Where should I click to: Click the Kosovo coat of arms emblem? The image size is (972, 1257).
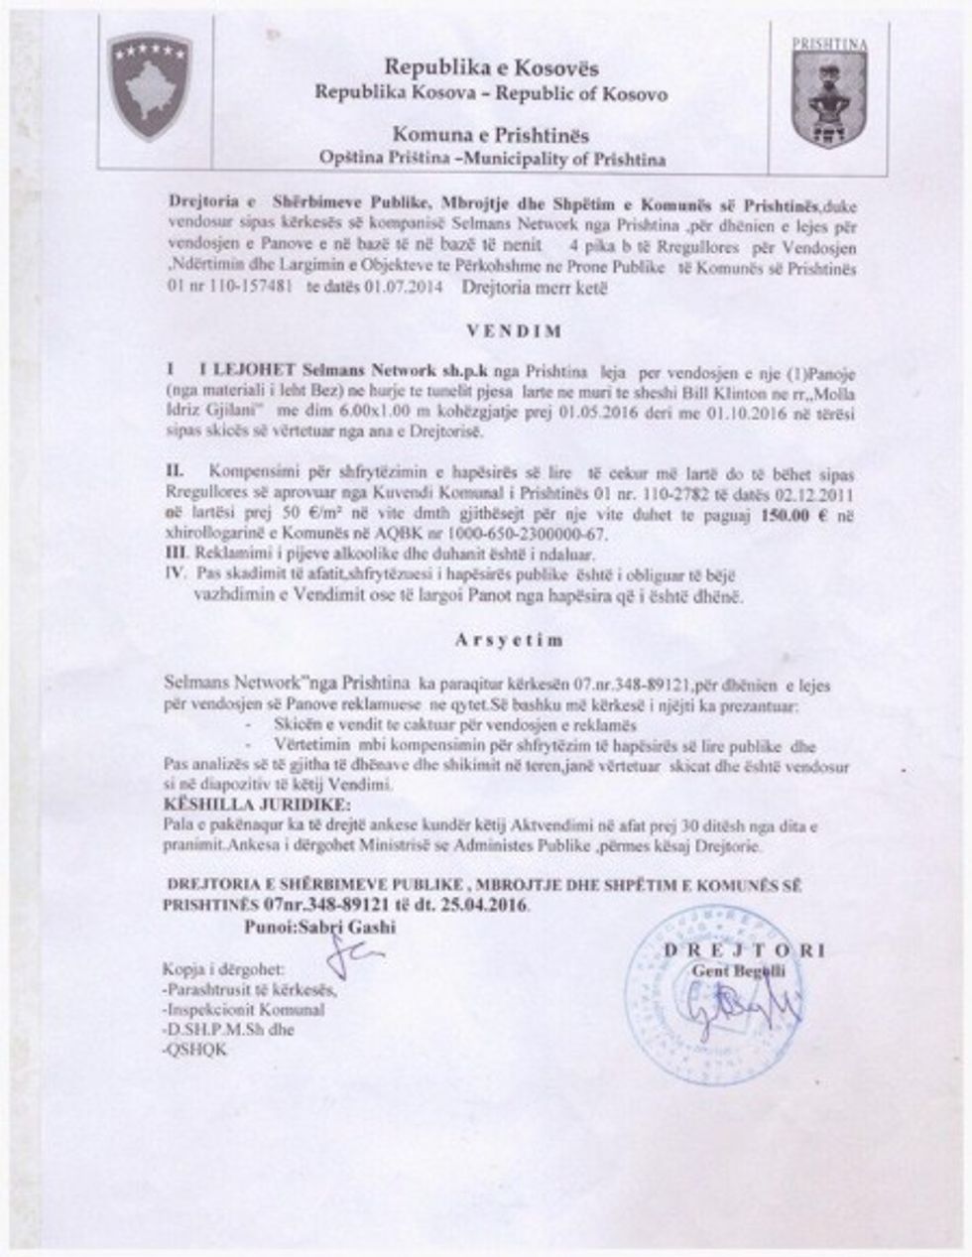click(x=150, y=86)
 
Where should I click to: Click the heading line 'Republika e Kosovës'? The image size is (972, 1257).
click(x=491, y=68)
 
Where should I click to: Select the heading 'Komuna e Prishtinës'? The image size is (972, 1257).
click(x=491, y=134)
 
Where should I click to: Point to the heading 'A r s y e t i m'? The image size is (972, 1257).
click(x=510, y=640)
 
